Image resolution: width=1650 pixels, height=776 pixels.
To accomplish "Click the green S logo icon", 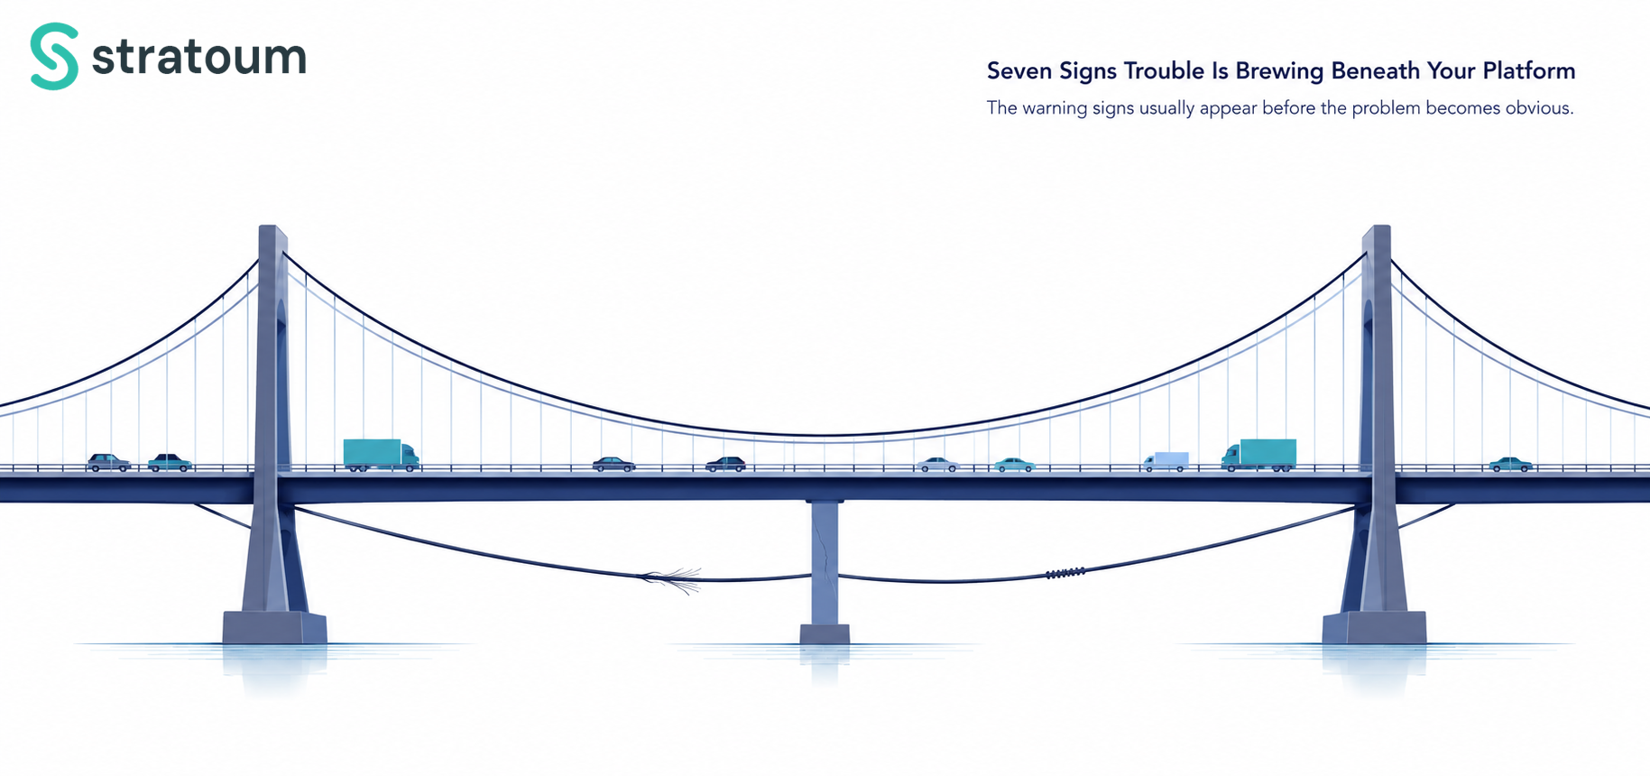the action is click(x=54, y=56).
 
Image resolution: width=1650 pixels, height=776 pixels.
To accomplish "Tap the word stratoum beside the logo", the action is click(x=199, y=56).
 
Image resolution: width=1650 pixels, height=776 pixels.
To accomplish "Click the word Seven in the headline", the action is click(x=1015, y=70).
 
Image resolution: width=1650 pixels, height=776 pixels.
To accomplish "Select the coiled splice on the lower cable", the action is click(x=1065, y=573).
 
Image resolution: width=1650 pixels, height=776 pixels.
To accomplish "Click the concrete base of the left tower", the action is click(x=274, y=627).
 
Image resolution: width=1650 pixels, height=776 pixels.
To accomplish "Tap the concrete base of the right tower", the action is click(x=1374, y=627).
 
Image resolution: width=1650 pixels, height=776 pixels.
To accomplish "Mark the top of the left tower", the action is click(x=272, y=227).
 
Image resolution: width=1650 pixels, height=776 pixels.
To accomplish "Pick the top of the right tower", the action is click(x=1376, y=227).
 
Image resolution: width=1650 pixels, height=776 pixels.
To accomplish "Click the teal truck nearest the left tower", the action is click(x=381, y=455).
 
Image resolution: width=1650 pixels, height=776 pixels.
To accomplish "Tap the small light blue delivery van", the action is click(x=1166, y=461).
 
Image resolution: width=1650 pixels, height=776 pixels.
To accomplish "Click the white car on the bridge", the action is click(x=938, y=465).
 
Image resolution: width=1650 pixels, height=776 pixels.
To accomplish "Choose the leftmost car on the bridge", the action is click(x=108, y=462).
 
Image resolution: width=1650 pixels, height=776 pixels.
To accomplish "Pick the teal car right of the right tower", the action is click(x=1511, y=465).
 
